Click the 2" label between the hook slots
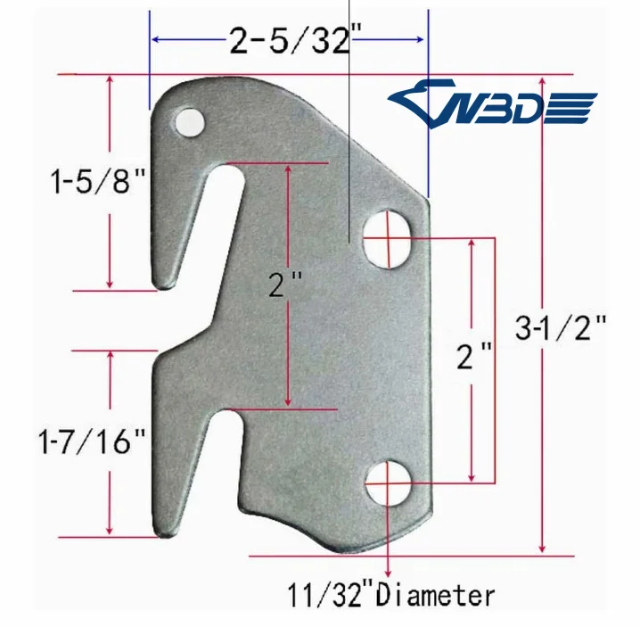coord(285,287)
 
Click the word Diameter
coord(436,594)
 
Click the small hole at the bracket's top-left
coord(188,121)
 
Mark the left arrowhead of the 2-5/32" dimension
coord(154,39)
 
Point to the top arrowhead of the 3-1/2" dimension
coord(542,80)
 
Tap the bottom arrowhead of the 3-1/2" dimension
coord(542,548)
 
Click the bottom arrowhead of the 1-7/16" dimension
coord(111,532)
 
